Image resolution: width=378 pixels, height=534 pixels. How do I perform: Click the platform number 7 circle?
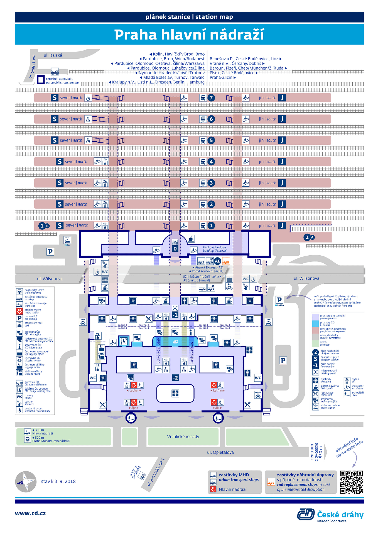tap(211, 98)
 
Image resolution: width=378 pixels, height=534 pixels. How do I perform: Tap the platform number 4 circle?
tap(211, 162)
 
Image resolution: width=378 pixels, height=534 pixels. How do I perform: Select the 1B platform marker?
tap(44, 226)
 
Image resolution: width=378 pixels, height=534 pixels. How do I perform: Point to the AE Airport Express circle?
tap(217, 261)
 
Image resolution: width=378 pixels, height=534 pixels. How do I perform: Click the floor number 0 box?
tap(175, 249)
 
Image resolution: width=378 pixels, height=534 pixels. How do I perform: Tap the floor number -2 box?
tap(175, 378)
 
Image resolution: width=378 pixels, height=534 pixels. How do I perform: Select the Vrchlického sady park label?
tap(183, 437)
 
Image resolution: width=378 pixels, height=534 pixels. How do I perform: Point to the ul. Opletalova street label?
tap(220, 453)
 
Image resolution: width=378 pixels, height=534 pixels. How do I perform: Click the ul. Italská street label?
tap(53, 55)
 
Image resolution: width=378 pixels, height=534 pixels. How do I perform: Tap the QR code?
tap(351, 482)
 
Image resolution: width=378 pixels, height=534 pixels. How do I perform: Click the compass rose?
tap(26, 482)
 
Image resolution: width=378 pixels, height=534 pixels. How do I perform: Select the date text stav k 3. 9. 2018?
tap(58, 481)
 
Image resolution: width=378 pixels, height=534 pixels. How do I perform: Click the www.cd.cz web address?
tap(30, 513)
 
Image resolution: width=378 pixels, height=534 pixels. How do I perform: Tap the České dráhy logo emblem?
tap(306, 514)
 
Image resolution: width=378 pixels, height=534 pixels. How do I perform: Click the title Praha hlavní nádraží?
tap(189, 34)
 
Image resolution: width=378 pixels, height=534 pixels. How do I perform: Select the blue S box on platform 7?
tap(55, 98)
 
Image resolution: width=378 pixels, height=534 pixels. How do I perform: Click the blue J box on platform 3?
tap(282, 183)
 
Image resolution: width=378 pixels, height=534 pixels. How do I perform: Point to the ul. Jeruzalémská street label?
tap(156, 472)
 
